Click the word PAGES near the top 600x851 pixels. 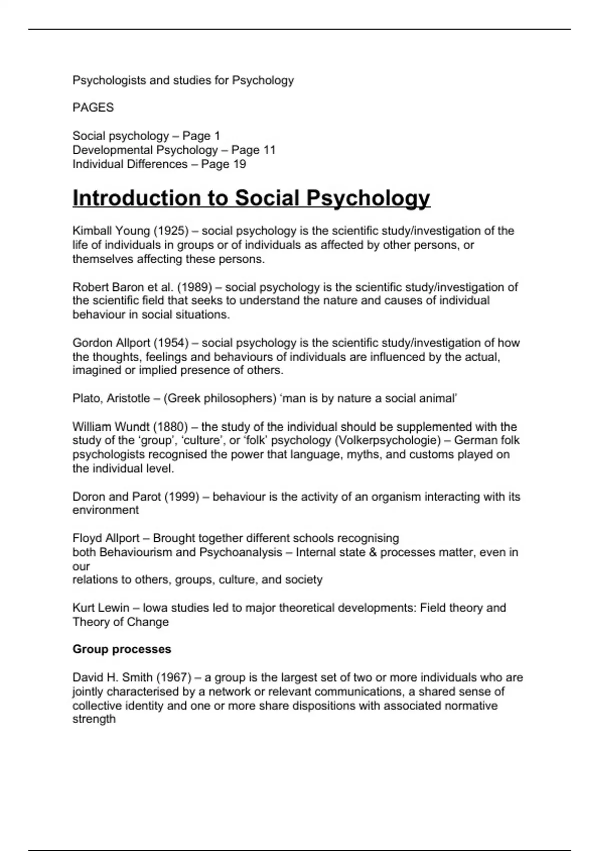[x=93, y=108]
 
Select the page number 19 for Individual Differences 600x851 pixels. [x=239, y=164]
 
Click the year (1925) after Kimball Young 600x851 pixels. [x=171, y=231]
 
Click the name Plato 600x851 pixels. [x=85, y=398]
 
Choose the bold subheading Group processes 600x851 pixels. [x=122, y=649]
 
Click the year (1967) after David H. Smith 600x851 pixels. [x=174, y=678]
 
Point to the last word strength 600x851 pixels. [x=94, y=719]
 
